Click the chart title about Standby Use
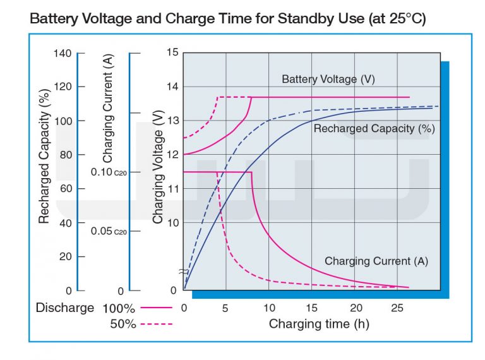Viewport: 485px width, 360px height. click(227, 18)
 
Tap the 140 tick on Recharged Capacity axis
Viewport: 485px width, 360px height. click(63, 53)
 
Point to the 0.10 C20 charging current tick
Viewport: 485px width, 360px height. click(109, 172)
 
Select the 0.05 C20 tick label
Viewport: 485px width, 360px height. click(109, 231)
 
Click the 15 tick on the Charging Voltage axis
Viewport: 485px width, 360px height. click(173, 52)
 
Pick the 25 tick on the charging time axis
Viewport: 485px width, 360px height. click(397, 308)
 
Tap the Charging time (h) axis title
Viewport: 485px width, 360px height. click(319, 324)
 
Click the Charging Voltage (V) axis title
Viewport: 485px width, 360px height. click(158, 167)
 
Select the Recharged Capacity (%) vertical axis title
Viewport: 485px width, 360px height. click(44, 156)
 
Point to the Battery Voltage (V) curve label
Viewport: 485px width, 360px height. click(328, 79)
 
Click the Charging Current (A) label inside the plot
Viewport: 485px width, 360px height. click(376, 261)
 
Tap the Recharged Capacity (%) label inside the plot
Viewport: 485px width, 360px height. click(374, 129)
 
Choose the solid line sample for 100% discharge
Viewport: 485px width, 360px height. click(156, 308)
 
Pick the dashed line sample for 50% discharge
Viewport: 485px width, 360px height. click(156, 324)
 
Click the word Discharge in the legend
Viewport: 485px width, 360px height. click(64, 308)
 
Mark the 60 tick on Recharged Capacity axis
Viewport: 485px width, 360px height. click(66, 188)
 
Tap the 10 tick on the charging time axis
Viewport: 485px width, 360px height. click(269, 308)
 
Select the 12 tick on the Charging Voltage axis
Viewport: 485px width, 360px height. click(173, 155)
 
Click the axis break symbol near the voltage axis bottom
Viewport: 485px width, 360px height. click(183, 272)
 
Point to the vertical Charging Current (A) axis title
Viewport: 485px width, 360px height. click(108, 108)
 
